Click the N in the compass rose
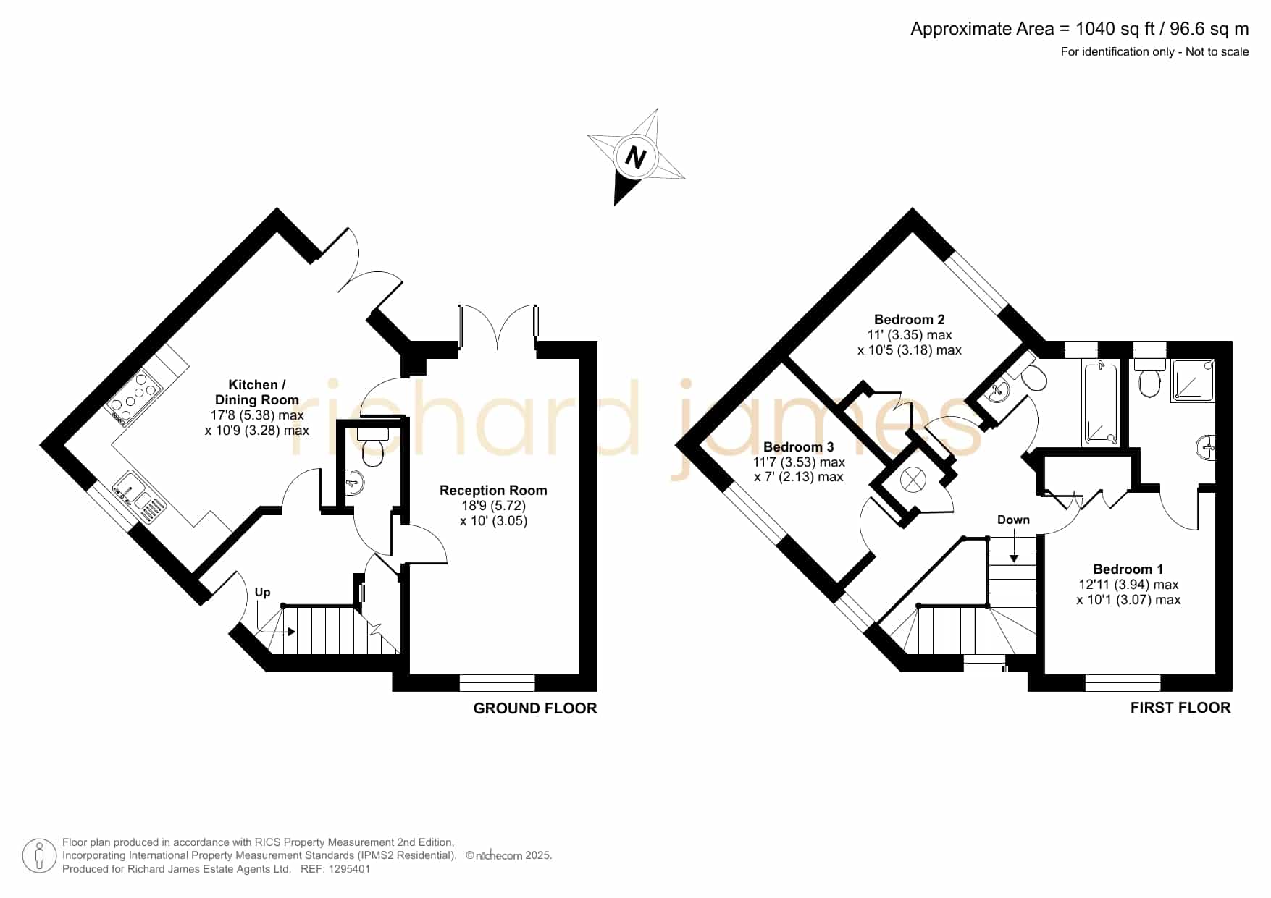[636, 157]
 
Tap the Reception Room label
[493, 490]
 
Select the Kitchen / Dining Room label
[256, 392]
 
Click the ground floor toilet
[372, 446]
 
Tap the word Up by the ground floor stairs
[262, 592]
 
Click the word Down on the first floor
[1013, 520]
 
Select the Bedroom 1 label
[1128, 569]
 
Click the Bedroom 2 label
[909, 319]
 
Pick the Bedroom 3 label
[798, 446]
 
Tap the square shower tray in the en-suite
[1193, 381]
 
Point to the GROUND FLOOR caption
[535, 708]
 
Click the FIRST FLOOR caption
[1180, 708]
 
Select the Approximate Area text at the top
[1079, 29]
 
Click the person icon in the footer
[39, 856]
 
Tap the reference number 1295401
[351, 869]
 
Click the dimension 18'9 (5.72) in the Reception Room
[493, 505]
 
